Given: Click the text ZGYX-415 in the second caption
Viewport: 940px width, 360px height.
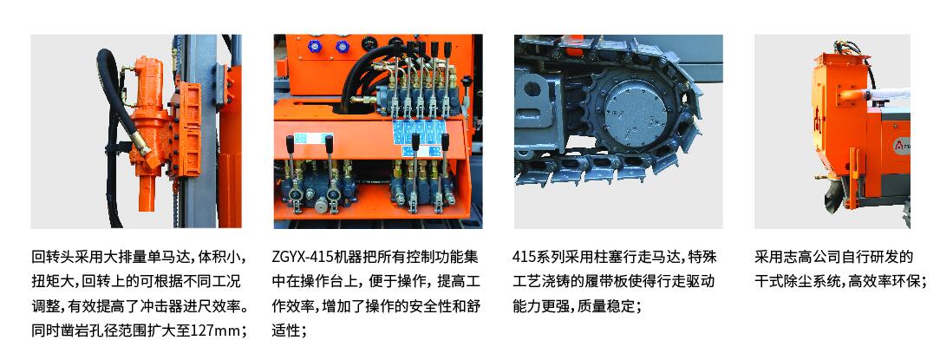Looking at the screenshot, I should click(x=304, y=257).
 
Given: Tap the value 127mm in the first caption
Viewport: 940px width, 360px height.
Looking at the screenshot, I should click(x=220, y=331).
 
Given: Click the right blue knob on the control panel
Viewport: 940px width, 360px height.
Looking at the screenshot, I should click(x=343, y=47).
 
